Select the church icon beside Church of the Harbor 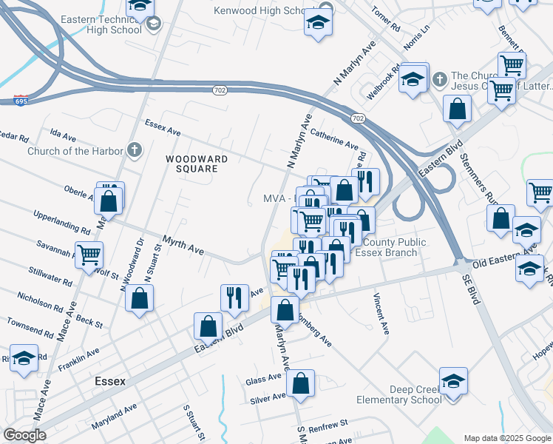coord(133,150)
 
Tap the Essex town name coord(110,381)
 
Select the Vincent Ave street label coord(381,314)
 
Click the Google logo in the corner coord(24,435)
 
